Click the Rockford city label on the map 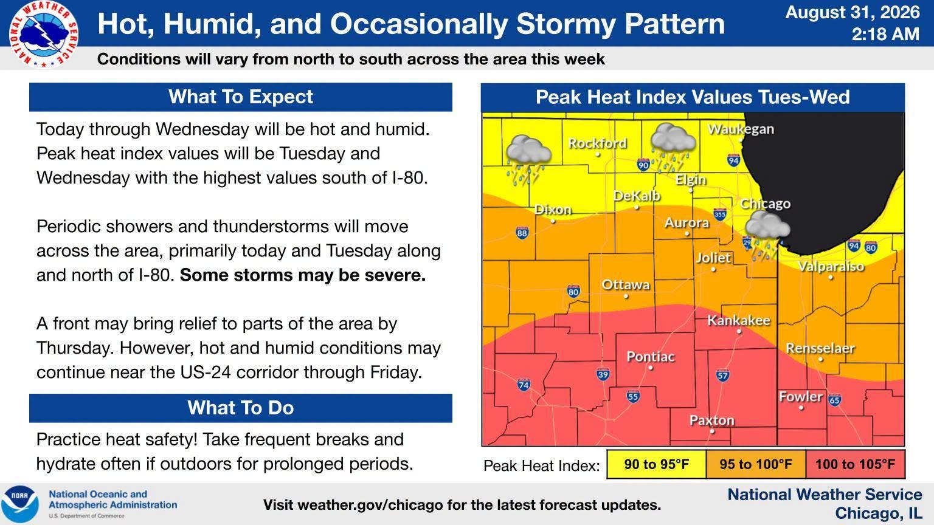click(597, 143)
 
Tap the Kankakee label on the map click(738, 320)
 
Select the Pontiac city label click(651, 357)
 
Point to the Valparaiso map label click(831, 266)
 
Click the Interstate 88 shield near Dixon click(522, 233)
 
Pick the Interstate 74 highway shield click(524, 384)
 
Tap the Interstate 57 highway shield click(722, 376)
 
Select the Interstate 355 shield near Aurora click(720, 214)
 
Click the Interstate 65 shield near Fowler click(834, 400)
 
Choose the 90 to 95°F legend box click(656, 464)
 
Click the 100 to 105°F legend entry click(855, 464)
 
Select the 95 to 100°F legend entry click(756, 464)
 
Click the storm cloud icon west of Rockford click(528, 159)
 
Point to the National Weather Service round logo click(43, 35)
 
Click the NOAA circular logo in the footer click(19, 504)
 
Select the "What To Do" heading click(241, 408)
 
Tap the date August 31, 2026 click(853, 13)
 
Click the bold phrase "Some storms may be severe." click(303, 275)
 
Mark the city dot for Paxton click(712, 431)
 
